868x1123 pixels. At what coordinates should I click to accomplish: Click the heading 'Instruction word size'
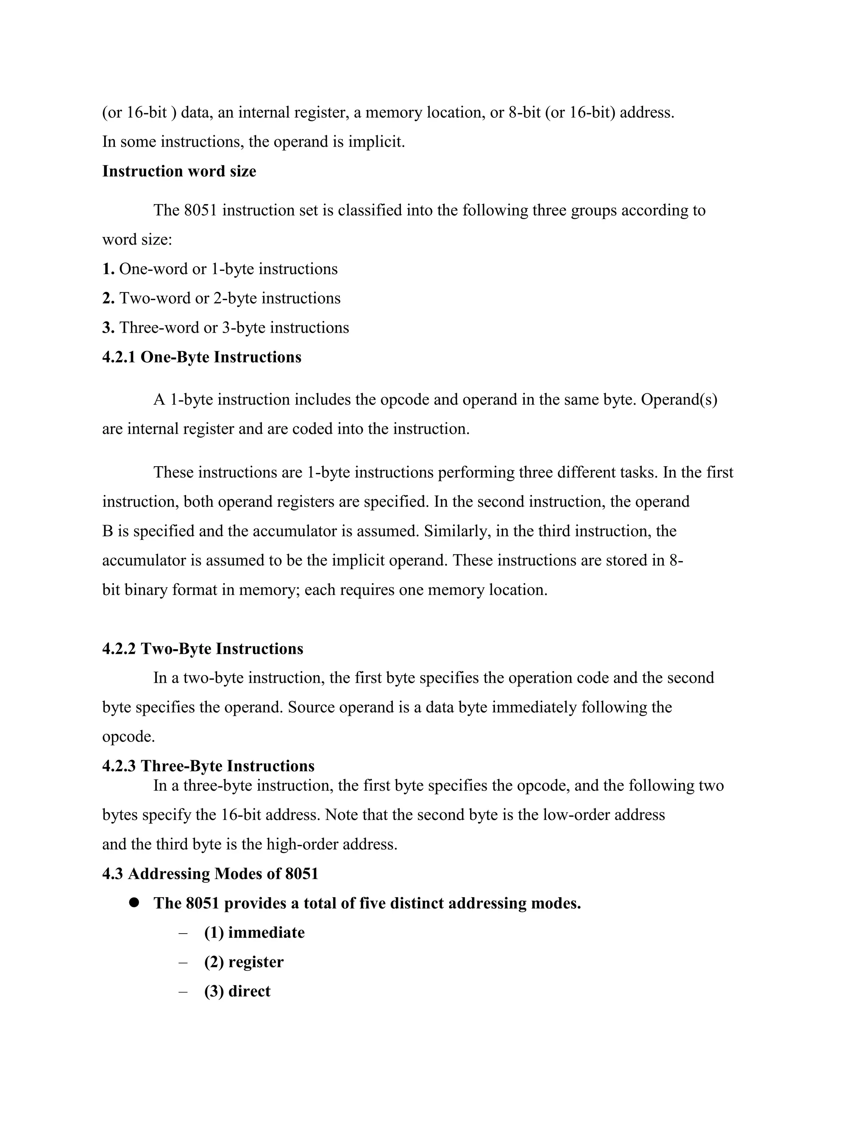click(x=179, y=171)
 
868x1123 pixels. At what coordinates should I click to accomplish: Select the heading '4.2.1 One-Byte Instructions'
click(x=202, y=357)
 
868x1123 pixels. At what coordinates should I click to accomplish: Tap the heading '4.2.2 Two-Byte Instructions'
click(x=203, y=648)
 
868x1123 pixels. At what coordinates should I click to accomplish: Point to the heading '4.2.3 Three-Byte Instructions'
click(x=208, y=766)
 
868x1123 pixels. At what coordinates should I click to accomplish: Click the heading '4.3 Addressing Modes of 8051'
click(x=210, y=874)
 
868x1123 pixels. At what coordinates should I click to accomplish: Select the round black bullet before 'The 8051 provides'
click(x=135, y=903)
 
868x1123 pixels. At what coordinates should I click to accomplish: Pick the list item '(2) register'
click(x=244, y=962)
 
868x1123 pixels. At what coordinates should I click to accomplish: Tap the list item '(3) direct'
click(x=237, y=991)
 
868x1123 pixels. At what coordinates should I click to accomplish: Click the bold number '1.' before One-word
click(x=108, y=269)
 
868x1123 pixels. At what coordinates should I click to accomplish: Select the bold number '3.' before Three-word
click(x=108, y=328)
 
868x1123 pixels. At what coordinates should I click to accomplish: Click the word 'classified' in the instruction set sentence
click(x=370, y=210)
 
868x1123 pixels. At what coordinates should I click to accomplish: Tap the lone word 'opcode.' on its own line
click(x=128, y=737)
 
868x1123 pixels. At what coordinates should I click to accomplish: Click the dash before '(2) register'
click(x=183, y=962)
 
